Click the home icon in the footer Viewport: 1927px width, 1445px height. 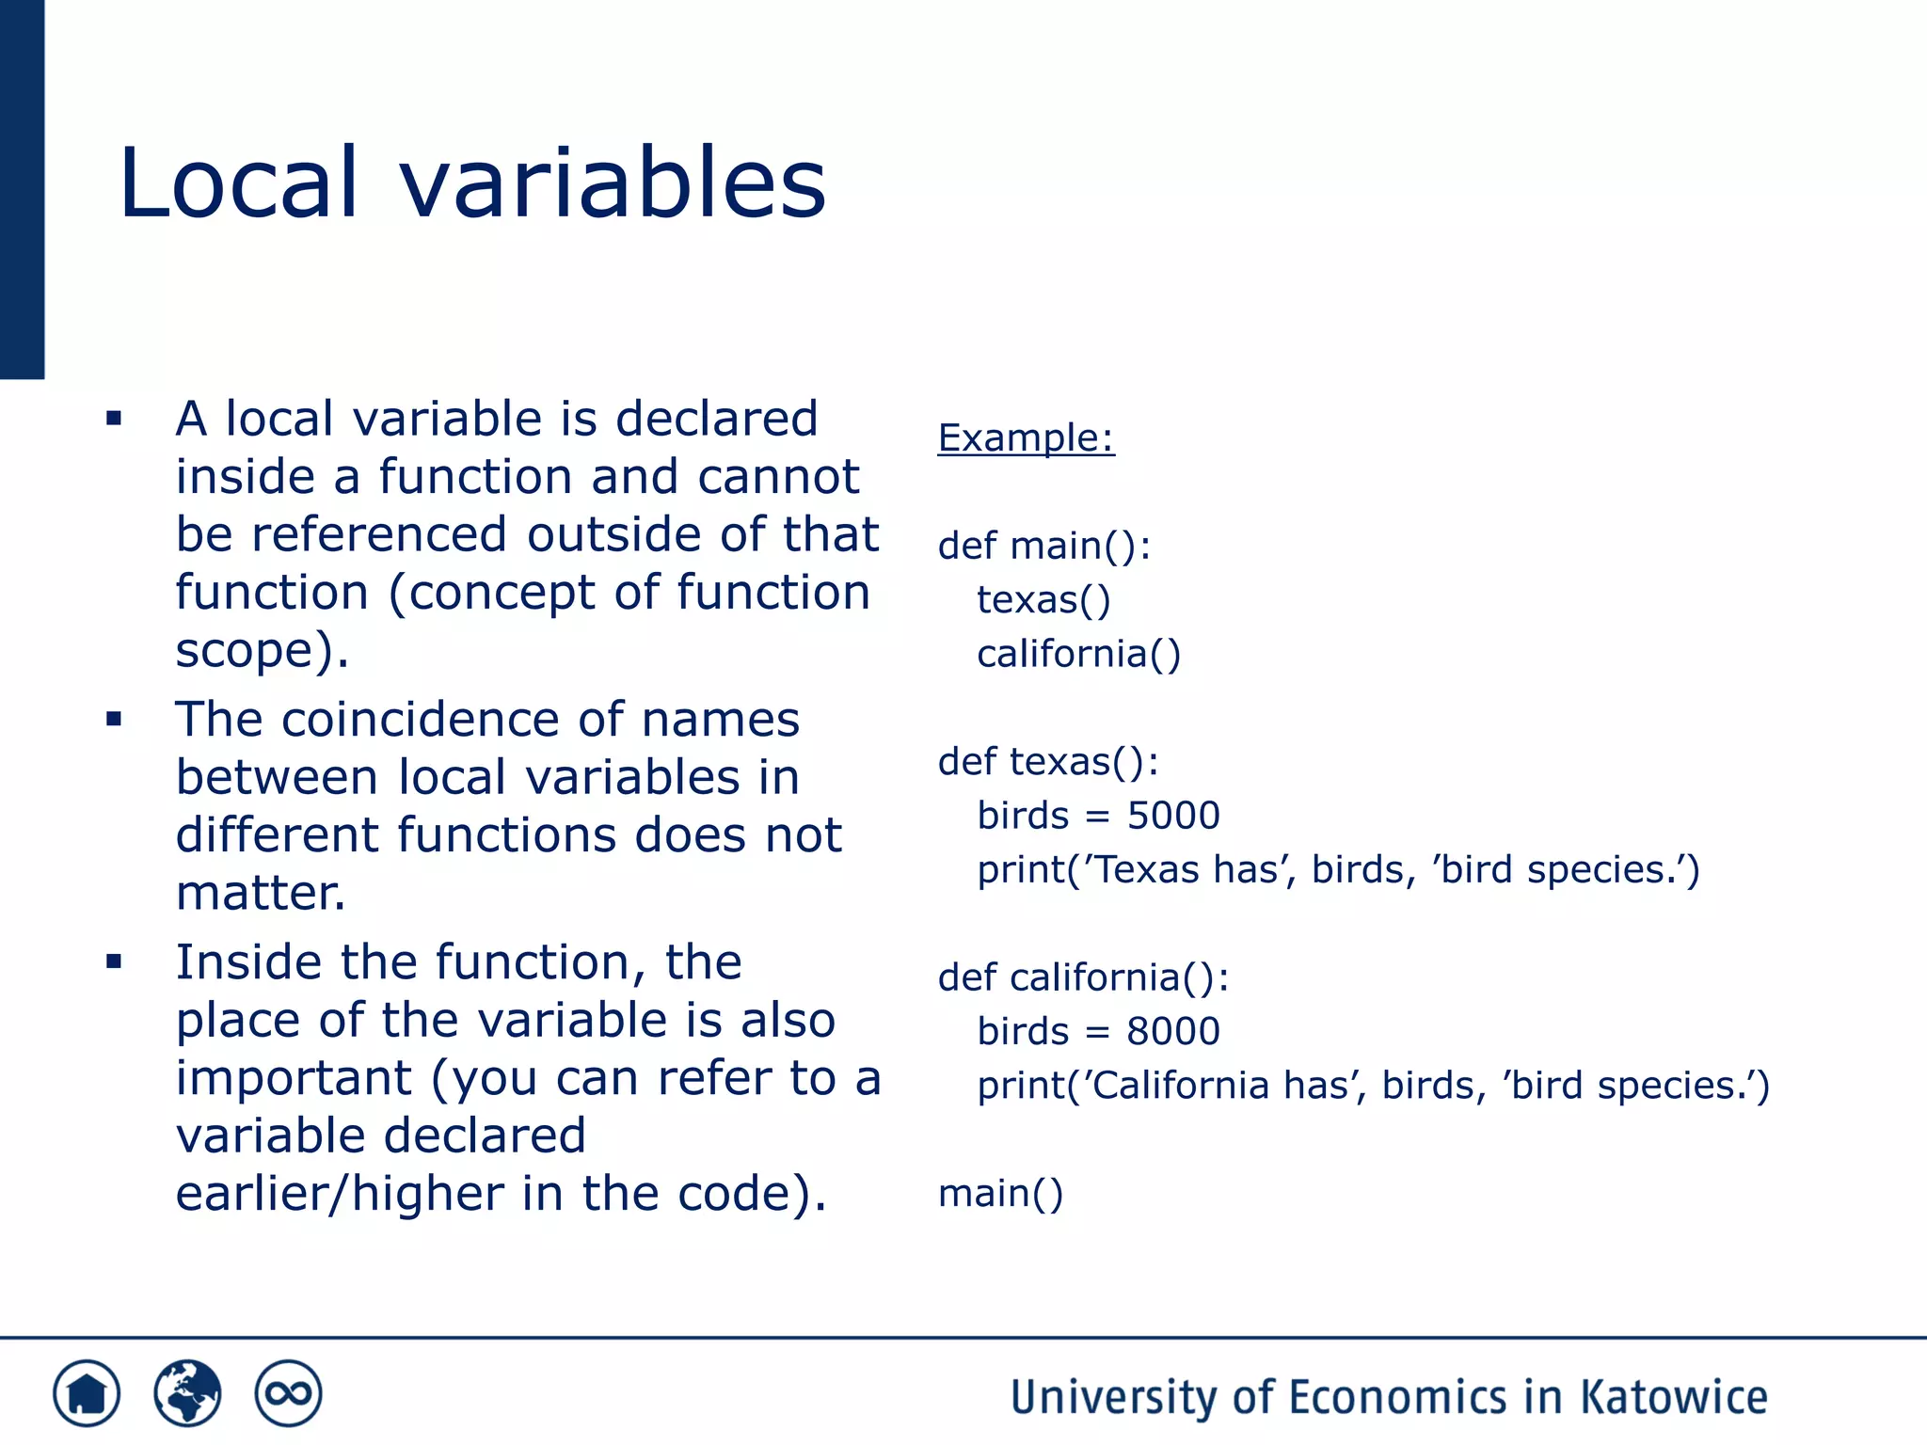tap(87, 1393)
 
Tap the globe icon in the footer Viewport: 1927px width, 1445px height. tap(187, 1393)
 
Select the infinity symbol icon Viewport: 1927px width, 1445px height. tap(288, 1393)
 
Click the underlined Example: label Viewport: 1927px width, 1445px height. tap(1026, 438)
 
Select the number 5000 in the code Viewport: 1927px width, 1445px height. tap(1173, 816)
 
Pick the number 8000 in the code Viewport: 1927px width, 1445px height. tap(1173, 1031)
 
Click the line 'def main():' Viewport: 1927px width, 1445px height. tap(1044, 547)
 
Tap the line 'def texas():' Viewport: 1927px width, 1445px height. tap(1048, 762)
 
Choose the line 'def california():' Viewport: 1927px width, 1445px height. tap(1083, 977)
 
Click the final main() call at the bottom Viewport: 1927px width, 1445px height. tap(1000, 1194)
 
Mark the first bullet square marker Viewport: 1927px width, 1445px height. tap(114, 419)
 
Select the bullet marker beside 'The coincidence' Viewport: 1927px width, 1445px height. tap(114, 720)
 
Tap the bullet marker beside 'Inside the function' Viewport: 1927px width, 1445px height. tap(114, 961)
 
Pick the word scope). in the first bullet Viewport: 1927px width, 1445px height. tap(263, 650)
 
